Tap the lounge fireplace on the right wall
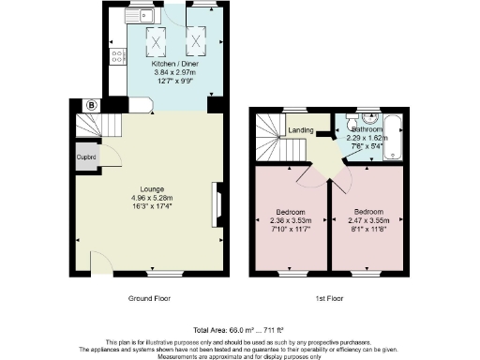pos(217,204)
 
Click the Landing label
pos(300,130)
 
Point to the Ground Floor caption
pos(149,298)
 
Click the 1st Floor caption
pos(331,298)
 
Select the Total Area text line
pos(239,331)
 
